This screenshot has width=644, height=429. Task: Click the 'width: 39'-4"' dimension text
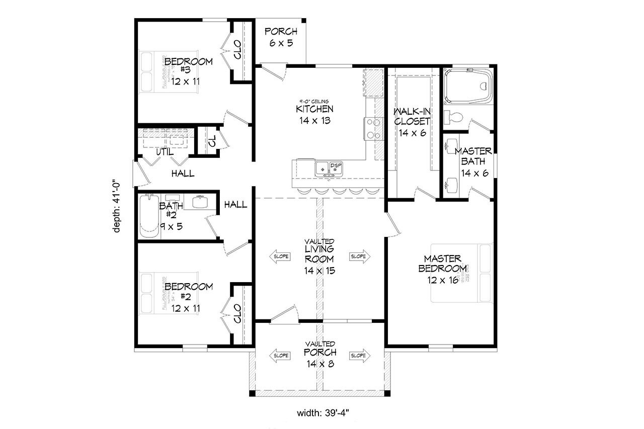pyautogui.click(x=322, y=413)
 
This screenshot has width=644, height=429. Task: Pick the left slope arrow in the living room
pyautogui.click(x=281, y=256)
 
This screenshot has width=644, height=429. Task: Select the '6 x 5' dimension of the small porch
pyautogui.click(x=281, y=43)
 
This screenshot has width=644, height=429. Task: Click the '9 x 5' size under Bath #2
pyautogui.click(x=172, y=226)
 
